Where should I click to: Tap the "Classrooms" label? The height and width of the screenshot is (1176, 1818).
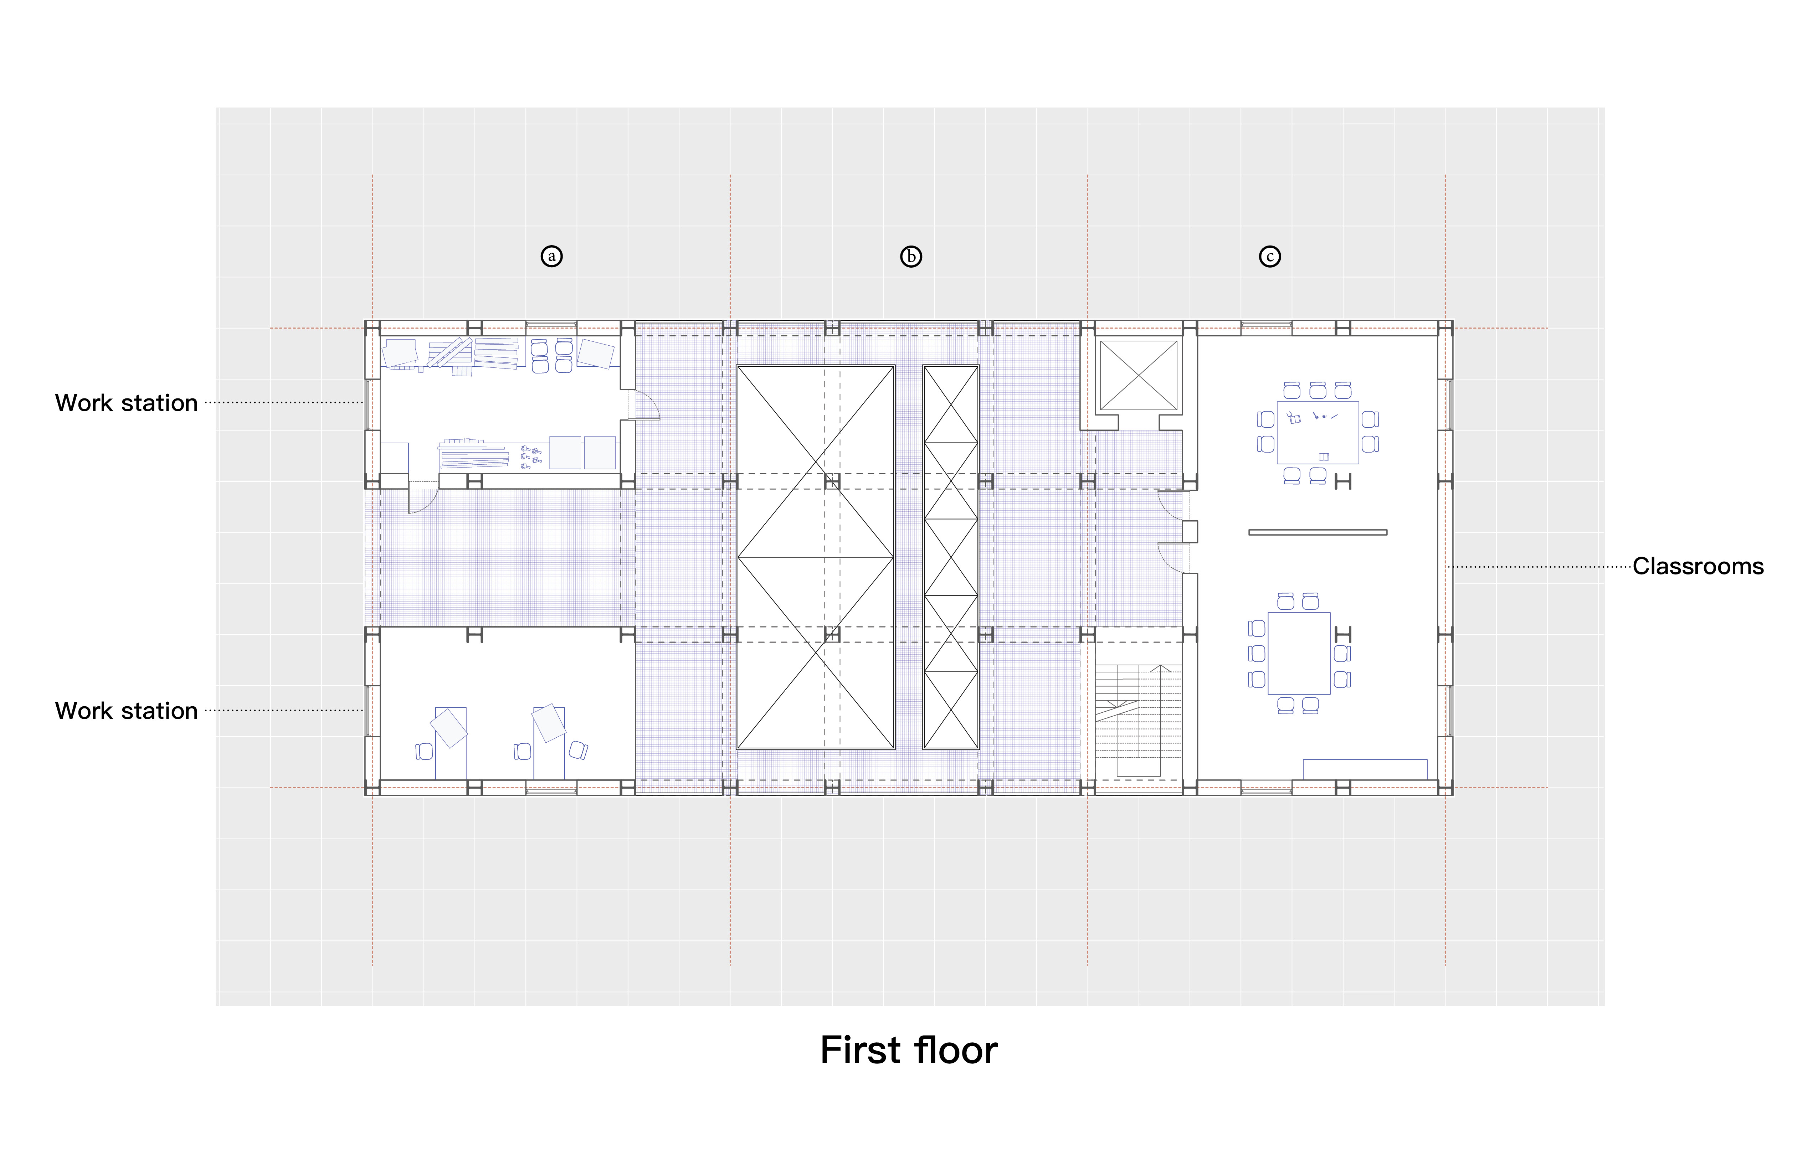1698,567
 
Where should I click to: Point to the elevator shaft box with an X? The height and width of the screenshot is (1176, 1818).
1138,376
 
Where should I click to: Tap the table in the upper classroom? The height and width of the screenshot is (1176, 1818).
1318,432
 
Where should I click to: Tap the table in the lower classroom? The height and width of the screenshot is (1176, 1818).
1299,653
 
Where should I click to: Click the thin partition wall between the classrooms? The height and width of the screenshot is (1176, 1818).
1318,532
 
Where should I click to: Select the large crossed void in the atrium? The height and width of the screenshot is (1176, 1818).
816,557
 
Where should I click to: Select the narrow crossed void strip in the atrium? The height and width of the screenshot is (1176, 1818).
951,557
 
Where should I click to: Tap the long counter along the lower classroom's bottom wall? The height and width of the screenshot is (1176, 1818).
1365,769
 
